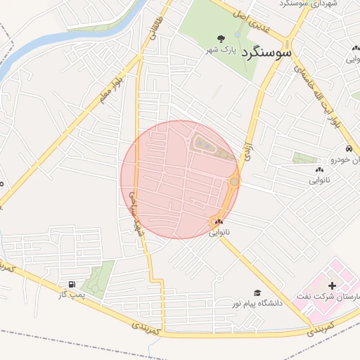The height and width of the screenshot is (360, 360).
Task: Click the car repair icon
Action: coord(348,149)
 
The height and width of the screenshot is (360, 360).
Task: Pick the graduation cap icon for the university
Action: coord(257,292)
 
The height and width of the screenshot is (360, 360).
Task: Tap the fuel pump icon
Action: coord(71,284)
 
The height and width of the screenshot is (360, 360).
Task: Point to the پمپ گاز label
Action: coord(72,295)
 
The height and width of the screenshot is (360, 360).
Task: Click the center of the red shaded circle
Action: coord(180,180)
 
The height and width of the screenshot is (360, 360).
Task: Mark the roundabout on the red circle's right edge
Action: coord(234,183)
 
